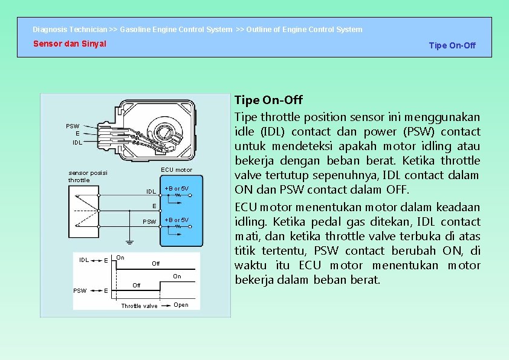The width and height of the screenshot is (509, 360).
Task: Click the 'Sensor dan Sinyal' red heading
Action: coord(70,44)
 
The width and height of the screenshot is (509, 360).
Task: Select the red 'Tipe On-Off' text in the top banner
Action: coord(452,45)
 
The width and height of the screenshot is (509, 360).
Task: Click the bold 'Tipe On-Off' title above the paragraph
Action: coord(268,100)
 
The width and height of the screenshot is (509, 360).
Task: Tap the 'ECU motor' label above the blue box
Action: coord(176,170)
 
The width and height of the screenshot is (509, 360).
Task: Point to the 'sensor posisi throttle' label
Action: coord(87,176)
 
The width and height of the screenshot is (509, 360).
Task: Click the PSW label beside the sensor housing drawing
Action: coord(73,126)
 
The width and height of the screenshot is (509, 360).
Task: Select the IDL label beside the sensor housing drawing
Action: coord(77,142)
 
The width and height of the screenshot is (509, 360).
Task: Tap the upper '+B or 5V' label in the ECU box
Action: coord(177,189)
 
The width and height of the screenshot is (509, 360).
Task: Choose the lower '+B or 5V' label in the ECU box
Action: coord(177,220)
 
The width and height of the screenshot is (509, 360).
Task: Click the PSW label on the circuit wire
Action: coord(149,221)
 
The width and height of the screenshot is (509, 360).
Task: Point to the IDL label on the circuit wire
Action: coord(151,192)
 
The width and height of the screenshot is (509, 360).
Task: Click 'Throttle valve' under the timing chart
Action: coord(139,306)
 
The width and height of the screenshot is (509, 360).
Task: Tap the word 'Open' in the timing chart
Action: coord(181,305)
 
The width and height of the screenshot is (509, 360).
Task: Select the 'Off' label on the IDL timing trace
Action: coord(156,264)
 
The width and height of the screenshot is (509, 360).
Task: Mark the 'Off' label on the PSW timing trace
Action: coord(136,285)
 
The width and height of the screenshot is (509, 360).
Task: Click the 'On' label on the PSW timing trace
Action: coord(177,277)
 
